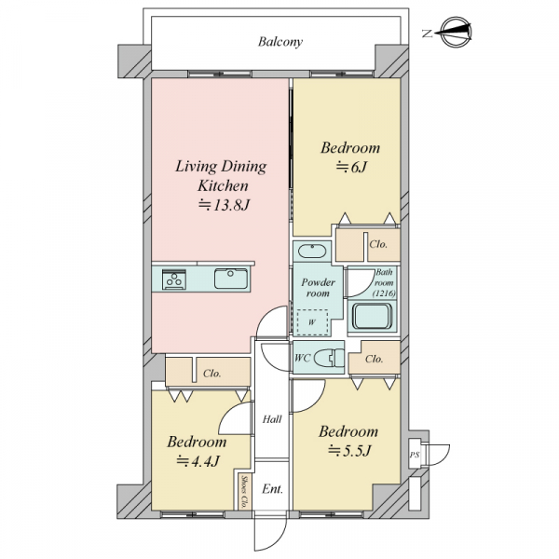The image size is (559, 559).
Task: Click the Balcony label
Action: tap(280, 42)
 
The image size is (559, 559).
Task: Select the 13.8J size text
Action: tap(224, 205)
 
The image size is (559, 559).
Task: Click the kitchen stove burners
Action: tap(174, 279)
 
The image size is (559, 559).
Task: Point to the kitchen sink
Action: tap(231, 279)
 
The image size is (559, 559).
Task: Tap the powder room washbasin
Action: tap(312, 251)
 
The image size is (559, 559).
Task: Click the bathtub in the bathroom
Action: tap(372, 317)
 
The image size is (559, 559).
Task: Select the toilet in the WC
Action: tap(329, 358)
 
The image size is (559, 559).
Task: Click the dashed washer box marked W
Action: tap(312, 322)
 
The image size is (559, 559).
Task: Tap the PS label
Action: tap(415, 455)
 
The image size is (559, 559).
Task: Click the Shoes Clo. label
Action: tap(244, 492)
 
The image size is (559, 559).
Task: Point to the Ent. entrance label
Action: tap(272, 489)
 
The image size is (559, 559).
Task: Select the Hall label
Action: tap(272, 419)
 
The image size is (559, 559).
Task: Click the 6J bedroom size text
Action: tap(351, 167)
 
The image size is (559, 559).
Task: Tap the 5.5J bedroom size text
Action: tap(349, 451)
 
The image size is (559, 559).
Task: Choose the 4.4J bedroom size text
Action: tap(198, 461)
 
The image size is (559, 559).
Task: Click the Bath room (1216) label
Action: tap(384, 282)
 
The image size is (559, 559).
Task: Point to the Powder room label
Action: tap(318, 288)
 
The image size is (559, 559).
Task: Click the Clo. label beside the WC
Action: tap(374, 359)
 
